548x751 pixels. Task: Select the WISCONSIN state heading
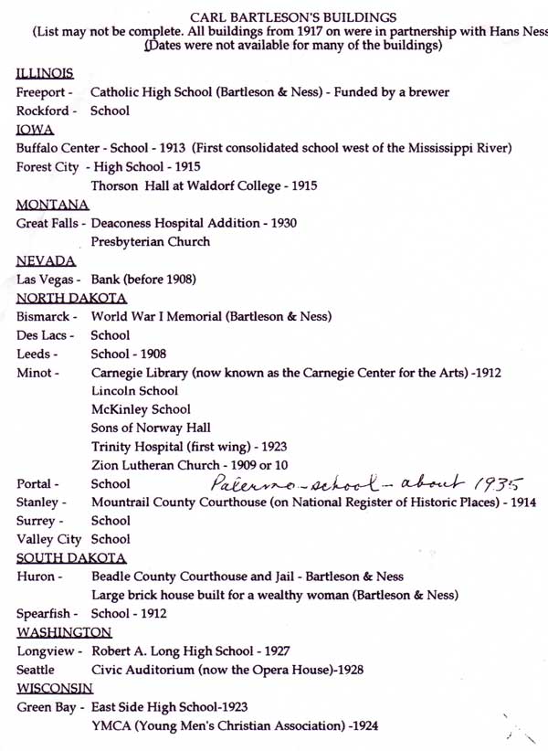(x=55, y=688)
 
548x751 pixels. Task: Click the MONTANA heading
(x=53, y=204)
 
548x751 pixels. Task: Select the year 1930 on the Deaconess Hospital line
(x=280, y=223)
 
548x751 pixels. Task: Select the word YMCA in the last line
(x=111, y=726)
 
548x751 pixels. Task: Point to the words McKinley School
(x=141, y=408)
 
